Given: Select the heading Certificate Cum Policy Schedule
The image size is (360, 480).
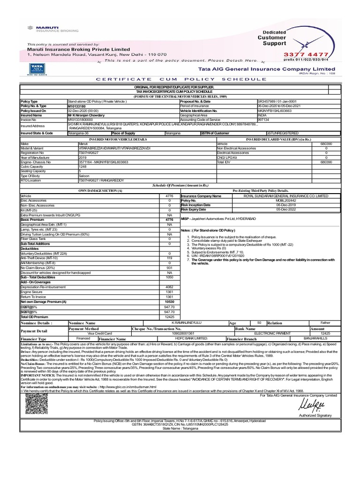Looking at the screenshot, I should (180, 80).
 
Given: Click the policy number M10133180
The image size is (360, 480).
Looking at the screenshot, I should (77, 106).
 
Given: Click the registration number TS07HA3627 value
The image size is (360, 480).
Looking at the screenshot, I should (88, 152).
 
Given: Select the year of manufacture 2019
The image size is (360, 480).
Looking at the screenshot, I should (82, 157).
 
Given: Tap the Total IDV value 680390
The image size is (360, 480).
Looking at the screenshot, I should (326, 161).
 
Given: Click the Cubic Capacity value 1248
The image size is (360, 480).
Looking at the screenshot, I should (82, 166).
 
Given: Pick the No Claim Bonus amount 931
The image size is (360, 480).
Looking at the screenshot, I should (169, 267).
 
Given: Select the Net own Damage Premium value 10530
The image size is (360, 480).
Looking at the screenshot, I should (169, 302).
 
